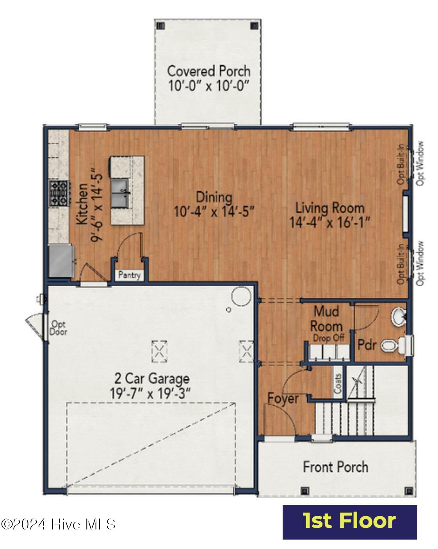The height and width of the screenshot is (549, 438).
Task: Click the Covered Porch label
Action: (x=208, y=71)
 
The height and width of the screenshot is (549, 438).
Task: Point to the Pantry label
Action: (x=129, y=275)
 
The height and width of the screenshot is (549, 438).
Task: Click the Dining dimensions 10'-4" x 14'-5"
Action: (x=214, y=212)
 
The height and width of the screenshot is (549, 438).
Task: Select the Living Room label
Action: (x=329, y=207)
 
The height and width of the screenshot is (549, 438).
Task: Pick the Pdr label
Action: (x=367, y=345)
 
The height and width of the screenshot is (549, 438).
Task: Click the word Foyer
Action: (x=283, y=399)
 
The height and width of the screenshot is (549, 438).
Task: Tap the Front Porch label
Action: (x=336, y=467)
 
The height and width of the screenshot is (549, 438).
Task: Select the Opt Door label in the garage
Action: (x=59, y=328)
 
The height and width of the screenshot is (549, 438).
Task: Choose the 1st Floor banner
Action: (x=349, y=522)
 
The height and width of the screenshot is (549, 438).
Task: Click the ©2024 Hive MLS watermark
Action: (x=58, y=524)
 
